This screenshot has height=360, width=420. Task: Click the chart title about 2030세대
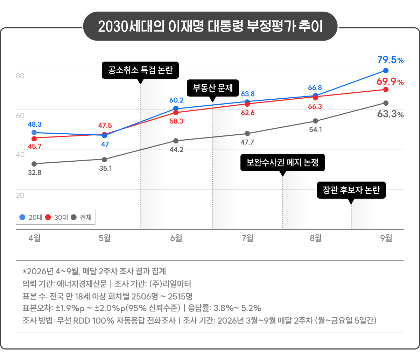[x=210, y=26]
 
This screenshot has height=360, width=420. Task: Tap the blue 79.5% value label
[x=390, y=60]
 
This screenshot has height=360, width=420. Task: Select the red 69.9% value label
[x=390, y=82]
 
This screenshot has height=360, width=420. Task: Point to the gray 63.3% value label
[x=390, y=114]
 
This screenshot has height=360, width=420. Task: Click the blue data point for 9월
[x=386, y=71]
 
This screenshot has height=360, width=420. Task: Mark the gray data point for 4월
[x=34, y=164]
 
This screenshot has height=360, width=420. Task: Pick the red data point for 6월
[x=176, y=113]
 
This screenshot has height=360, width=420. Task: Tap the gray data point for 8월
[x=315, y=121]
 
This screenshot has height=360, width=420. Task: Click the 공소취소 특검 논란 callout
[x=140, y=70]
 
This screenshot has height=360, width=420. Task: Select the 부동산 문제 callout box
[x=213, y=88]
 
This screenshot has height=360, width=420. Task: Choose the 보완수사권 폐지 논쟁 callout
[x=282, y=163]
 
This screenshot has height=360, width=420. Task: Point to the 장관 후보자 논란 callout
[x=351, y=190]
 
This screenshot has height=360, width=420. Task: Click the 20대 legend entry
[x=31, y=217]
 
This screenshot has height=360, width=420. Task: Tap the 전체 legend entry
[x=81, y=217]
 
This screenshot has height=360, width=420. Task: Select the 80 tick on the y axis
[x=20, y=76]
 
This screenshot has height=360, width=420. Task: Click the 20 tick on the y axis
[x=20, y=196]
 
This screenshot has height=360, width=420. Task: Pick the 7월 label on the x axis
[x=247, y=238]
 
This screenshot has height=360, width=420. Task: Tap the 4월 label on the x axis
[x=35, y=238]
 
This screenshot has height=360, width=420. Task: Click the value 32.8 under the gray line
[x=35, y=173]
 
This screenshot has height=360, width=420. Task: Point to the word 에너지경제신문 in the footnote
[x=82, y=284]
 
